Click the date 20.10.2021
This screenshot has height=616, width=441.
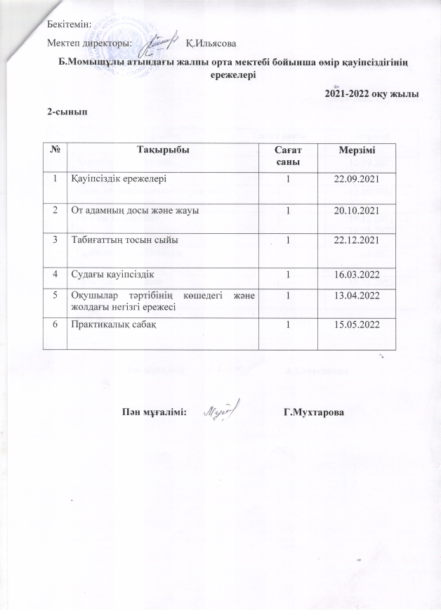tap(357, 209)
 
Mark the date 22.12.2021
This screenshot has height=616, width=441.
tap(357, 240)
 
